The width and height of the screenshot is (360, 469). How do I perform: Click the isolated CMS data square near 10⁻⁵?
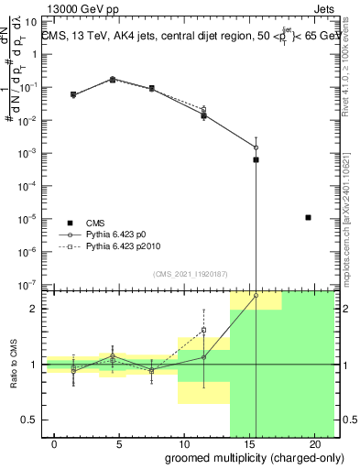308,217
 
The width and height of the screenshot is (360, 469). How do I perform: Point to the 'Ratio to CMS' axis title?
14,364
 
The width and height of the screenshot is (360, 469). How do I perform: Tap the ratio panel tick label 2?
34,309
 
